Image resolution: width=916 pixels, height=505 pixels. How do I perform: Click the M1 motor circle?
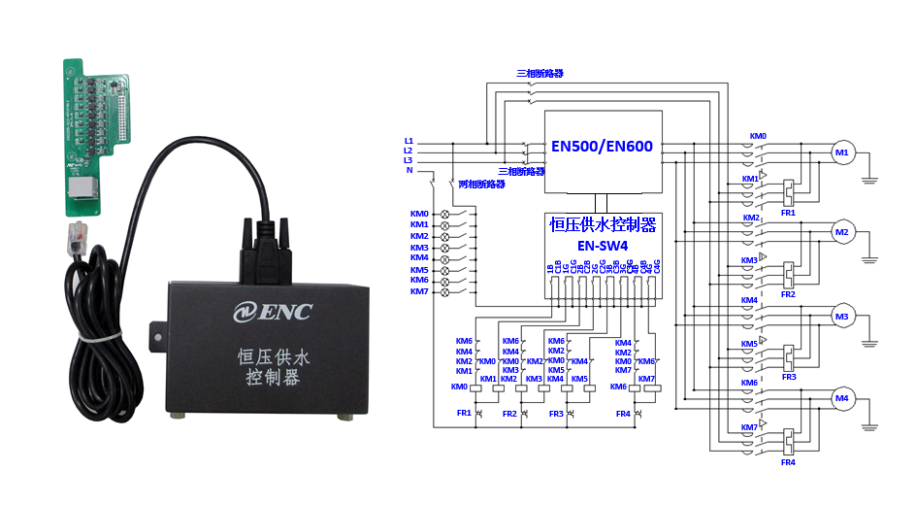[x=841, y=152]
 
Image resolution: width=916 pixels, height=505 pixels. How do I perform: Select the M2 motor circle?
[x=841, y=233]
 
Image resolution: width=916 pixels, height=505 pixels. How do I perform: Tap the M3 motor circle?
[x=841, y=316]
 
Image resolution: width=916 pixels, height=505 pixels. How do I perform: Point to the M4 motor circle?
[x=841, y=397]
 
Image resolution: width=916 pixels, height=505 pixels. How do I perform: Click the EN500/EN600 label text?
[x=602, y=148]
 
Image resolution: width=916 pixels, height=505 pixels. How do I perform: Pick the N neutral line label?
[x=409, y=171]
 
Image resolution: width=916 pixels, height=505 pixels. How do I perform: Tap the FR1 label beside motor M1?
[x=788, y=212]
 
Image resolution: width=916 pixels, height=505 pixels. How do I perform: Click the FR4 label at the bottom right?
[x=788, y=462]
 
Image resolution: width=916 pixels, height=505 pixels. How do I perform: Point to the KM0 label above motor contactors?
[x=758, y=137]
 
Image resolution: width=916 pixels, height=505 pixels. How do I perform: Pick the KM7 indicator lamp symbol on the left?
[x=445, y=291]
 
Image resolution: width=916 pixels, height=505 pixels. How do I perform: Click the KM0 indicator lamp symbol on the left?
[x=445, y=214]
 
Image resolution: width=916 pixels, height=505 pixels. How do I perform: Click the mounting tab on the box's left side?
[x=153, y=332]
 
